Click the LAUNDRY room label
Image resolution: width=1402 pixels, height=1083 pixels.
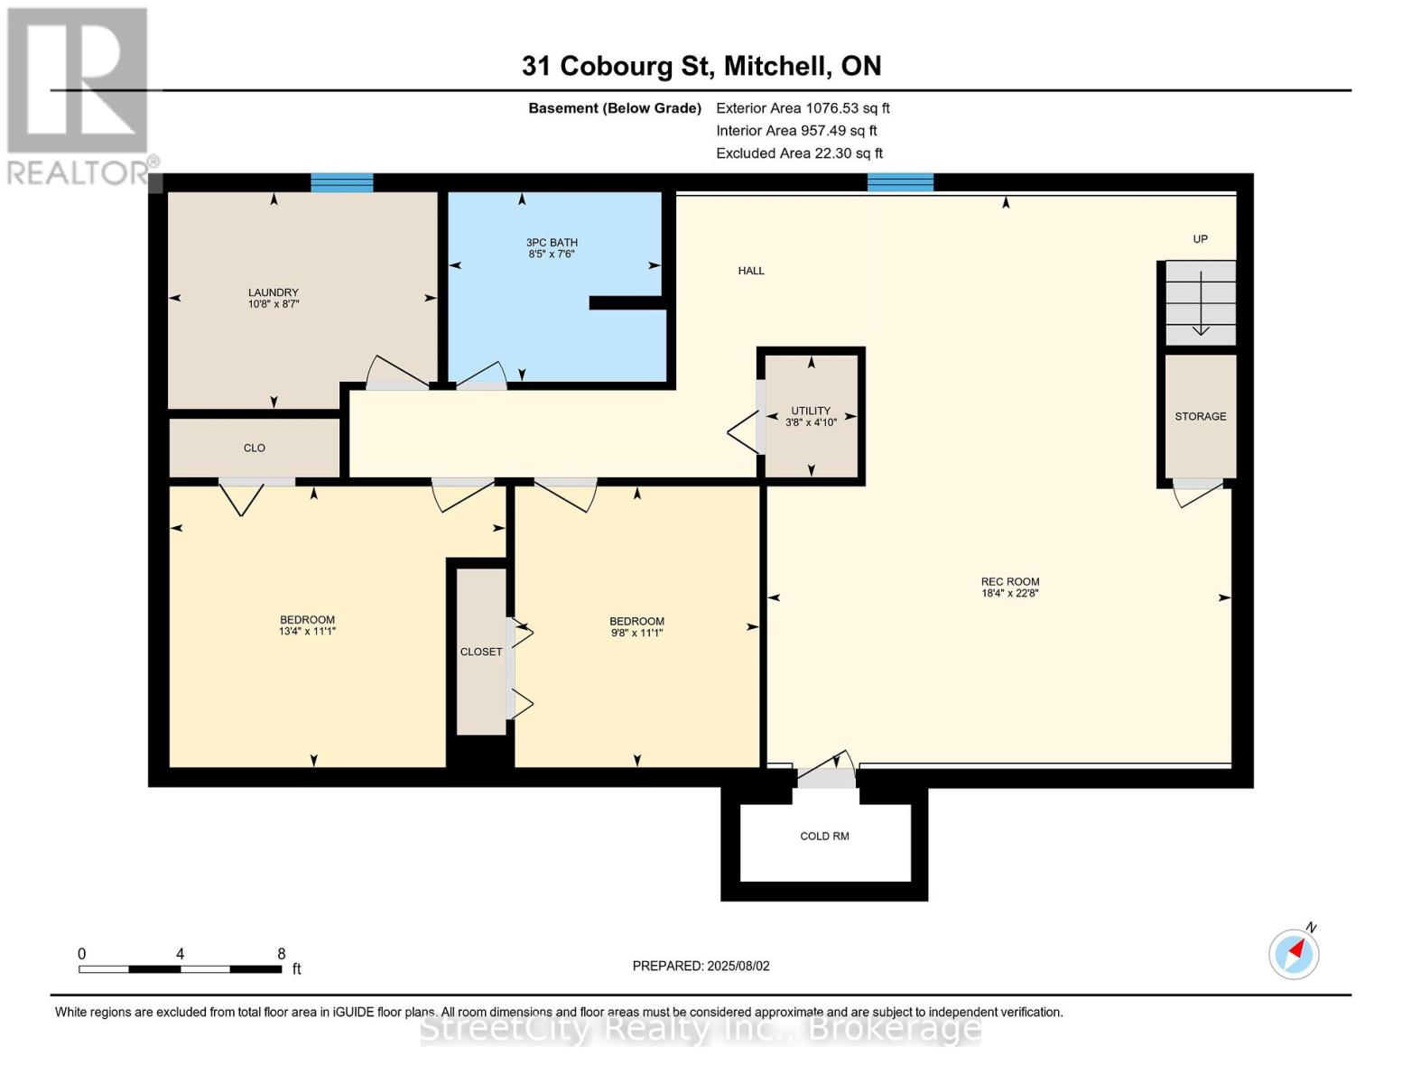click(x=273, y=292)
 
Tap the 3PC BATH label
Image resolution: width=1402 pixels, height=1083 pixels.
click(x=552, y=243)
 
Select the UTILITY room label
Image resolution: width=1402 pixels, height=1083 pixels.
click(x=811, y=411)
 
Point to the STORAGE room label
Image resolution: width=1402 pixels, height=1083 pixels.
click(x=1200, y=417)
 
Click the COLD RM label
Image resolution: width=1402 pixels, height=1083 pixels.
click(x=824, y=836)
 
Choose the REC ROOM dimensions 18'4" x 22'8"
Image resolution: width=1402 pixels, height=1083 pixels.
click(x=1010, y=593)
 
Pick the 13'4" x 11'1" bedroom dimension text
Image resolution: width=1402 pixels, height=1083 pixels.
click(x=307, y=632)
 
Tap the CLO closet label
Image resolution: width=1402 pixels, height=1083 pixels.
click(x=255, y=448)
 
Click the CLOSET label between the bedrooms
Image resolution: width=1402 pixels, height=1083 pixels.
click(x=480, y=653)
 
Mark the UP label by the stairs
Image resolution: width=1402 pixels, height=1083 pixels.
click(x=1200, y=239)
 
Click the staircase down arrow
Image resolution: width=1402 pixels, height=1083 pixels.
click(x=1201, y=303)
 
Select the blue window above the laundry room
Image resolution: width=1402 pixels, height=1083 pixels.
click(x=342, y=182)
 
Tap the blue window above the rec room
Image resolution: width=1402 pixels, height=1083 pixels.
click(x=900, y=182)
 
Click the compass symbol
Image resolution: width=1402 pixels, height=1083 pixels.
click(x=1294, y=955)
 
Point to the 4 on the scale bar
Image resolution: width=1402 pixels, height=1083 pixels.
click(x=180, y=953)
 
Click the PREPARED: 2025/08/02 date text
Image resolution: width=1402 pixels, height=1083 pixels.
click(x=701, y=966)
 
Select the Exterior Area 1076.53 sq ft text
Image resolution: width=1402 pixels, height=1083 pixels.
click(x=803, y=108)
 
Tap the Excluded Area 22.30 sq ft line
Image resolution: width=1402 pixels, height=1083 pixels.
click(x=799, y=153)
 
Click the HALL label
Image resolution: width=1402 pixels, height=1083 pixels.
click(x=751, y=271)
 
